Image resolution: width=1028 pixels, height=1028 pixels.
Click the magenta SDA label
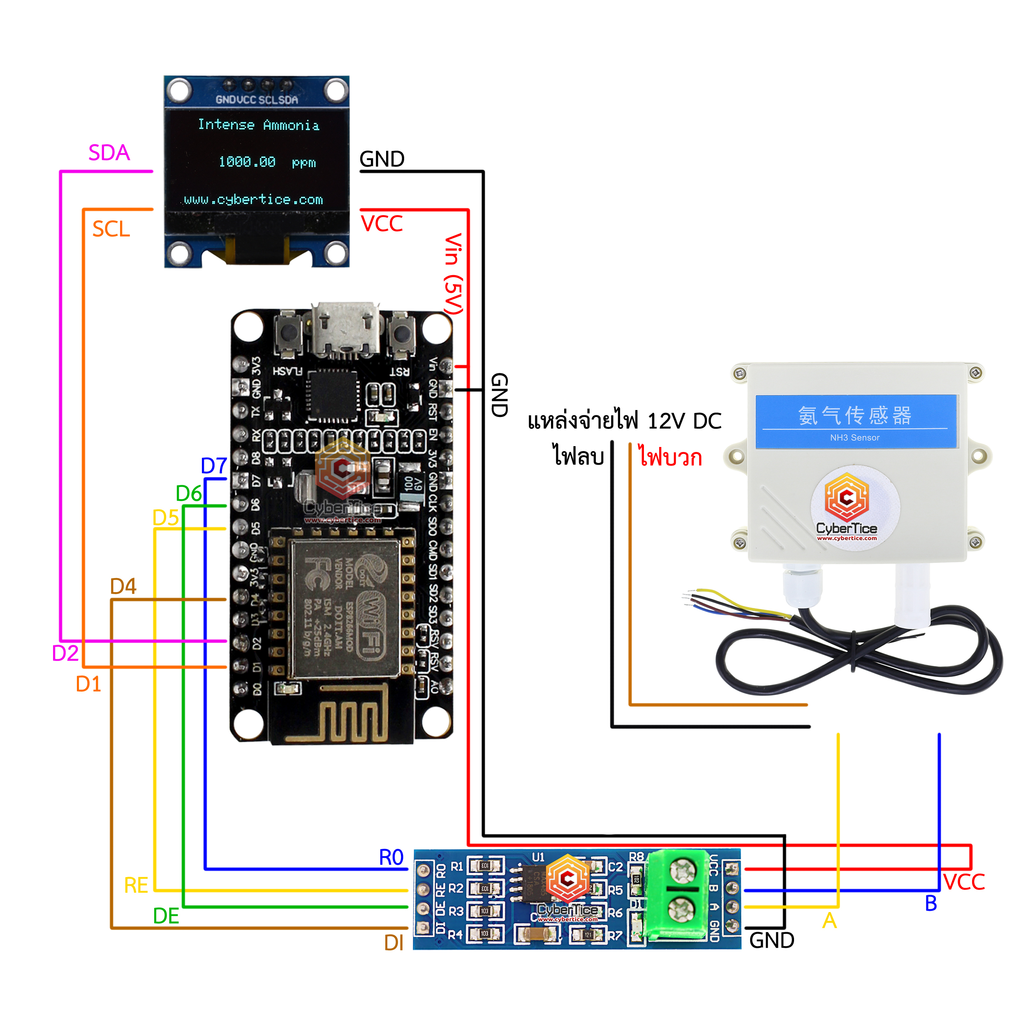pos(109,153)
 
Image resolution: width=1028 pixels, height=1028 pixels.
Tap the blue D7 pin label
pos(214,466)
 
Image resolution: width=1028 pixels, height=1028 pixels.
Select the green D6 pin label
pos(189,494)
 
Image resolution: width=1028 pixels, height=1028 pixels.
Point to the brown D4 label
pos(123,586)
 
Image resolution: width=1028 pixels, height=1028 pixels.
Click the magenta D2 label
pos(65,653)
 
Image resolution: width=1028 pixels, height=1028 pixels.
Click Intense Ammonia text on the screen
pos(259,125)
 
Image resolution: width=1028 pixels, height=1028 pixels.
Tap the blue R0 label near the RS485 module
pos(391,857)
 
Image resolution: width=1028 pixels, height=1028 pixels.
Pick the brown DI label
pos(394,943)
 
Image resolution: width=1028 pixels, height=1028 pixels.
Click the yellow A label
pos(829,921)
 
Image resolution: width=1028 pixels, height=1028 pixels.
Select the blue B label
pos(931,903)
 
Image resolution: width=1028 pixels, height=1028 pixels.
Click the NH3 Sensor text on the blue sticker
pos(854,438)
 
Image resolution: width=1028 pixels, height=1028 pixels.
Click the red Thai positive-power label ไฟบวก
pos(670,456)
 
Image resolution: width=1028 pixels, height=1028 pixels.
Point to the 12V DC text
pos(684,421)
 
